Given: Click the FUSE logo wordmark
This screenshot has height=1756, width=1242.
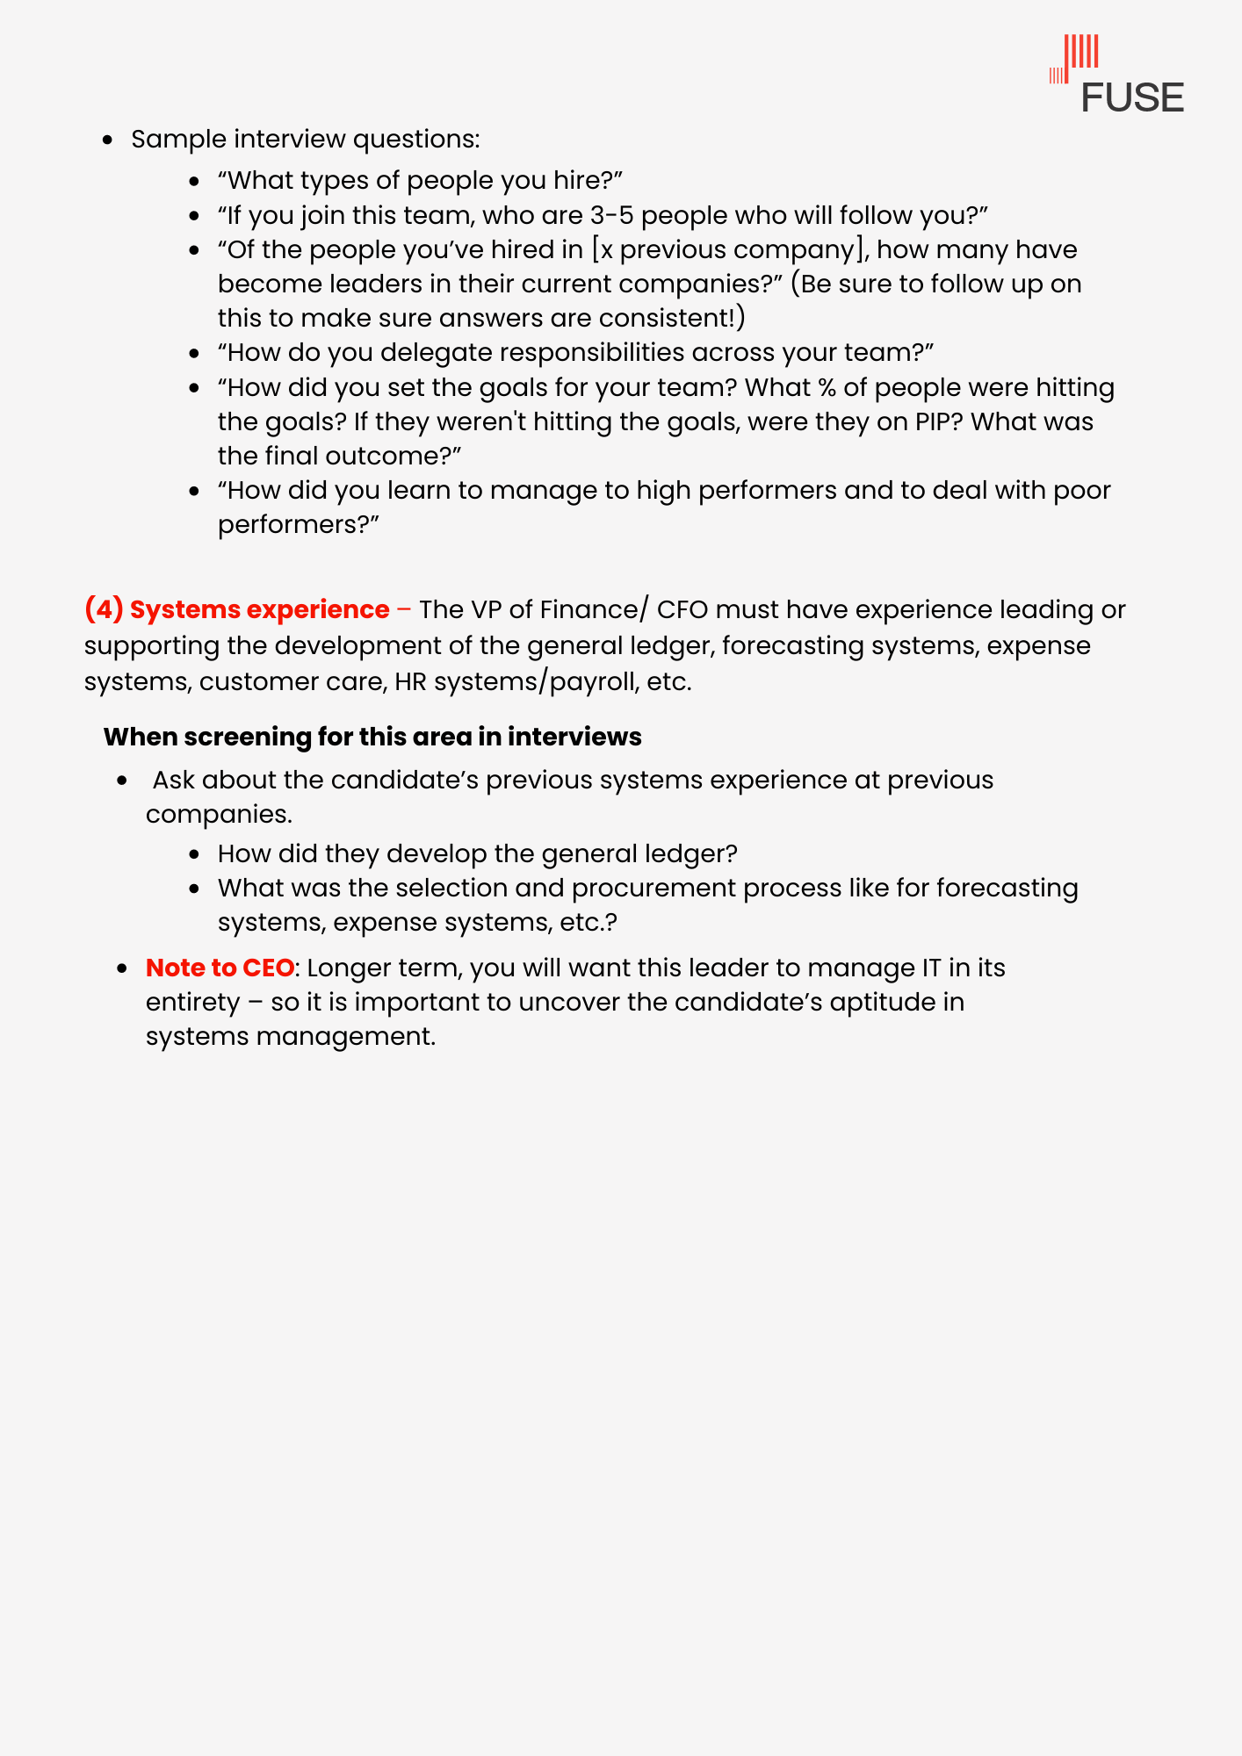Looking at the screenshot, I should [1132, 97].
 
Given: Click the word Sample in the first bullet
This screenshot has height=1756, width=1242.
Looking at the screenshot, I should [178, 139].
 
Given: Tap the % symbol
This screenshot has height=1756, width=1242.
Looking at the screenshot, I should [826, 387].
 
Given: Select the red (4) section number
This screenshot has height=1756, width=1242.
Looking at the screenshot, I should [104, 609].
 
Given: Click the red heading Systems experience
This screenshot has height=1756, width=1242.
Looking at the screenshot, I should [259, 609].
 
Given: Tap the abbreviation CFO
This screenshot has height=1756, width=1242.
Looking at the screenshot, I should [682, 609].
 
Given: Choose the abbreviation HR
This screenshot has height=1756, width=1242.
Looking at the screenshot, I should [410, 681].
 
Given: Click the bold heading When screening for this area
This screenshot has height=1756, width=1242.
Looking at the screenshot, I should [372, 737].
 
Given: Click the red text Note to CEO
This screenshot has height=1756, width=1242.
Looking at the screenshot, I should [220, 968].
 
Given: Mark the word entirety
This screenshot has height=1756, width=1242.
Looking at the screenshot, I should [192, 1002].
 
